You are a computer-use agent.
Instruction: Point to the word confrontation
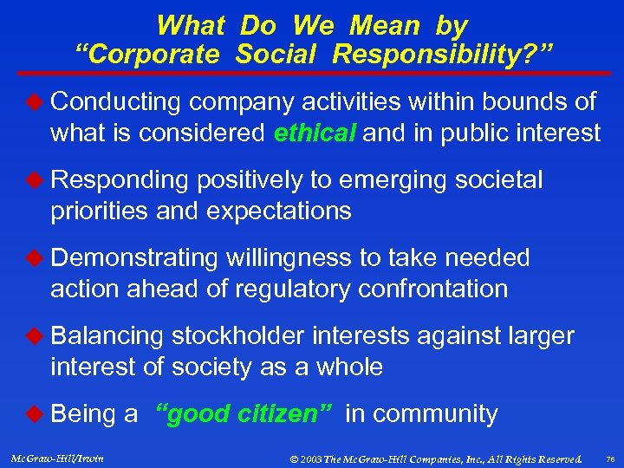(x=442, y=289)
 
